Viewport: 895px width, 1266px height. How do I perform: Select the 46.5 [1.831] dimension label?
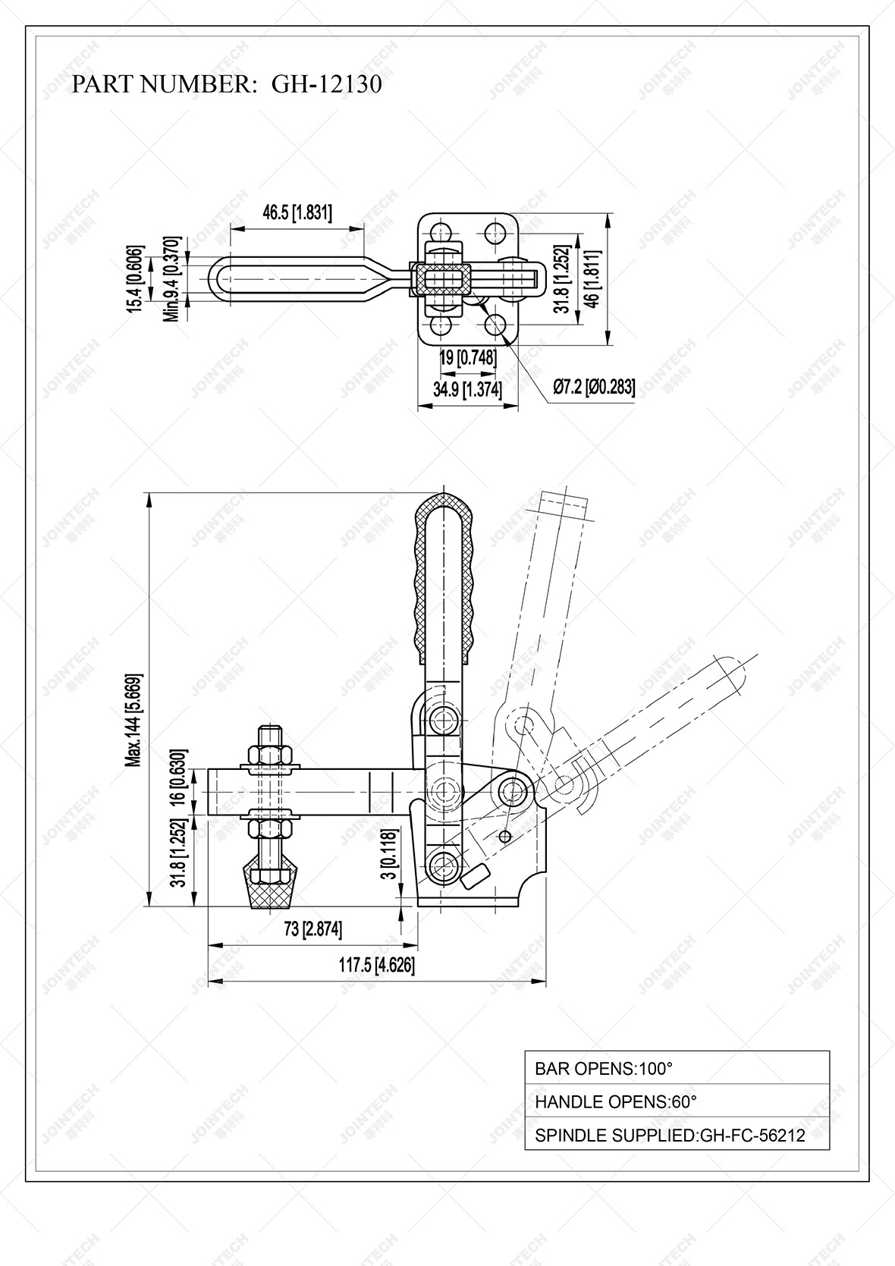[x=297, y=212]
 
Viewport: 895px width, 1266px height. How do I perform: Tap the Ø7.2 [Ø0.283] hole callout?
[x=593, y=388]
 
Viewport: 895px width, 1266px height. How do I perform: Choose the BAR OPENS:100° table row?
[x=677, y=1069]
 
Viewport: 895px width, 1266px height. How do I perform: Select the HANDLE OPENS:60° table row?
[x=677, y=1101]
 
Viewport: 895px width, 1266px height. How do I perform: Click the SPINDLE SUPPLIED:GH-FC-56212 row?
[x=677, y=1135]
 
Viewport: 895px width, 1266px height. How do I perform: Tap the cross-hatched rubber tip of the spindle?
[x=271, y=887]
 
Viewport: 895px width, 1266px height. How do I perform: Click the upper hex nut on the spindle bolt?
[x=271, y=756]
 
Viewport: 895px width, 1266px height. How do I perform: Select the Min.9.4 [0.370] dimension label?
[x=173, y=278]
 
